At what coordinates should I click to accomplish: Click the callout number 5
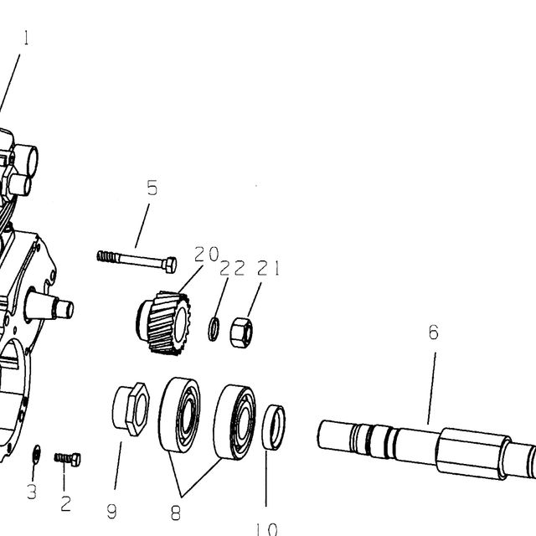tap(152, 188)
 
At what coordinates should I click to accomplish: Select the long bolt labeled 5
tap(137, 261)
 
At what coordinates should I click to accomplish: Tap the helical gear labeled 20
tap(163, 323)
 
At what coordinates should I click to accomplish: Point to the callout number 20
tap(207, 254)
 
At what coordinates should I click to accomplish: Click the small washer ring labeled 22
tap(214, 329)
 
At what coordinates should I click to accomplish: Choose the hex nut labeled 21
tap(241, 332)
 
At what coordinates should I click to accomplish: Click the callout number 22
tap(233, 268)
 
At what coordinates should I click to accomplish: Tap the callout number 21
tap(268, 268)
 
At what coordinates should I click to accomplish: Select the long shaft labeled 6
tap(426, 449)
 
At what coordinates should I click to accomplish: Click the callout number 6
tap(434, 332)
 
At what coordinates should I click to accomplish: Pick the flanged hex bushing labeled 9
tap(131, 409)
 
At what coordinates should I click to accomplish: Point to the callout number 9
tap(111, 512)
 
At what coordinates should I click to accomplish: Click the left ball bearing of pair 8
tap(179, 415)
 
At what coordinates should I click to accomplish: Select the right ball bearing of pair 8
tap(234, 422)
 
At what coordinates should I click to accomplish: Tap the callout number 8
tap(175, 513)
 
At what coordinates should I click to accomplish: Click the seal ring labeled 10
tap(274, 427)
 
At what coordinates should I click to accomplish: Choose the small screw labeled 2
tap(67, 459)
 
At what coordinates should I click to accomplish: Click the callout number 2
tap(66, 503)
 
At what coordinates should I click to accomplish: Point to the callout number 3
tap(32, 492)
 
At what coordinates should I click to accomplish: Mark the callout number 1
tap(26, 38)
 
